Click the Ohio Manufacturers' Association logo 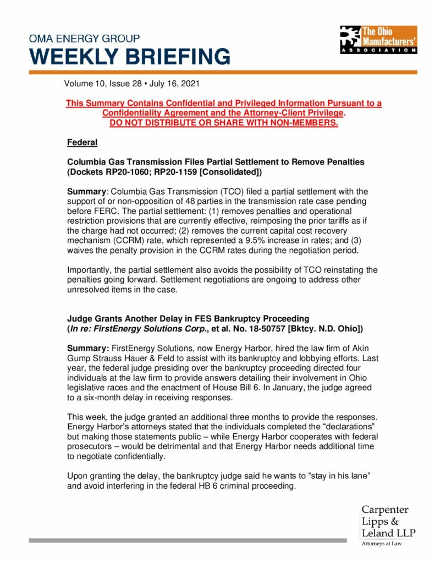[x=378, y=40]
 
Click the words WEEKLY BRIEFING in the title [x=130, y=56]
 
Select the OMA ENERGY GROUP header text [x=84, y=39]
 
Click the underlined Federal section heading [x=82, y=143]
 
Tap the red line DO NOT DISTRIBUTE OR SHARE [x=224, y=122]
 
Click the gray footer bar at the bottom [x=187, y=540]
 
